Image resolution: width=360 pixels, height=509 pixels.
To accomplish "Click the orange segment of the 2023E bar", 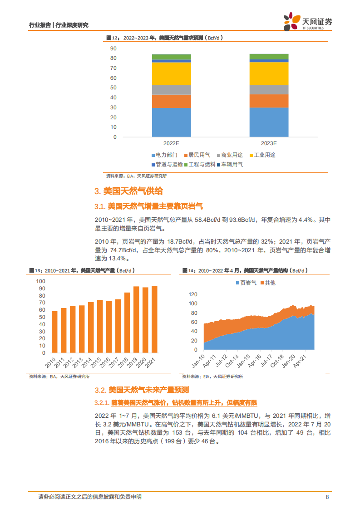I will pyautogui.click(x=269, y=101).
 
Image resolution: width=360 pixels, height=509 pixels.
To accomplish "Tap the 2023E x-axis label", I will pyautogui.click(x=269, y=143).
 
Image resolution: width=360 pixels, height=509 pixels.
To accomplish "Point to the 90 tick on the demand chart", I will pyautogui.click(x=113, y=49).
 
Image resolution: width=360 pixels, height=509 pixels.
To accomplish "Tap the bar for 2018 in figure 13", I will pyautogui.click(x=127, y=323).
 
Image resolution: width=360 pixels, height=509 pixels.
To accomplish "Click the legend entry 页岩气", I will pyautogui.click(x=246, y=283).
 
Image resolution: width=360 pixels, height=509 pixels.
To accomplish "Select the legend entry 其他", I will pyautogui.click(x=267, y=283).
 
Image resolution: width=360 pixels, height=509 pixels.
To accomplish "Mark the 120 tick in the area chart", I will pyautogui.click(x=193, y=294).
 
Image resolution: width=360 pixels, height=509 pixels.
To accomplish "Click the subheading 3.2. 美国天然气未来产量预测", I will pyautogui.click(x=142, y=390).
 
